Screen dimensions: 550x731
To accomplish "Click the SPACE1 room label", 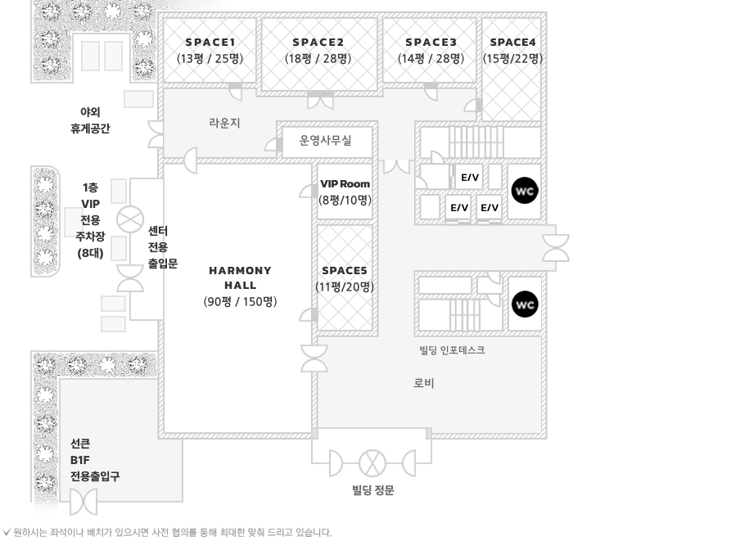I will pyautogui.click(x=210, y=42).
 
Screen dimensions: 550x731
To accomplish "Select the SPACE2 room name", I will pyautogui.click(x=318, y=42).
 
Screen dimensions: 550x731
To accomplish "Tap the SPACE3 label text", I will pyautogui.click(x=431, y=42).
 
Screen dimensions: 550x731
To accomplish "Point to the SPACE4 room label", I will pyautogui.click(x=512, y=42).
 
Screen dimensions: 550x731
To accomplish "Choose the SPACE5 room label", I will pyautogui.click(x=345, y=270).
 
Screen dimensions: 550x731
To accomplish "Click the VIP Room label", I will pyautogui.click(x=345, y=184).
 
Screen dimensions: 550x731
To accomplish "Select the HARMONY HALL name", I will pyautogui.click(x=240, y=277).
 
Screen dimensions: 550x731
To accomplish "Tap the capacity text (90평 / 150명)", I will pyautogui.click(x=240, y=301).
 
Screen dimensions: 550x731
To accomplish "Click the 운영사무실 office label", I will pyautogui.click(x=325, y=141).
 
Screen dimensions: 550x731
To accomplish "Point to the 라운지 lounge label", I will pyautogui.click(x=224, y=123).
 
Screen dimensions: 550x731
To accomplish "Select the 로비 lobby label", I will pyautogui.click(x=424, y=383).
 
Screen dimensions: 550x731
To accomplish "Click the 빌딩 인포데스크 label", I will pyautogui.click(x=452, y=350).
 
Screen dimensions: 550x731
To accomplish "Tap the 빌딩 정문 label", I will pyautogui.click(x=373, y=490).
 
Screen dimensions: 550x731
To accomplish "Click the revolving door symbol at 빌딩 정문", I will pyautogui.click(x=372, y=463).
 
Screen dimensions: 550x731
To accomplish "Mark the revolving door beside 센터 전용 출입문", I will pyautogui.click(x=129, y=219).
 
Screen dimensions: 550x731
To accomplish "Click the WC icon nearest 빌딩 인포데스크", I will pyautogui.click(x=525, y=304).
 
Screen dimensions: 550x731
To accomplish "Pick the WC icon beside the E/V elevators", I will pyautogui.click(x=525, y=192).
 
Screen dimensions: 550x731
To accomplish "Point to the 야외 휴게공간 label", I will pyautogui.click(x=90, y=120).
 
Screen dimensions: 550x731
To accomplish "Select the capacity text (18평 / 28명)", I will pyautogui.click(x=318, y=58).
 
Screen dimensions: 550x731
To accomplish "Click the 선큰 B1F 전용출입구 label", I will pyautogui.click(x=94, y=460).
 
